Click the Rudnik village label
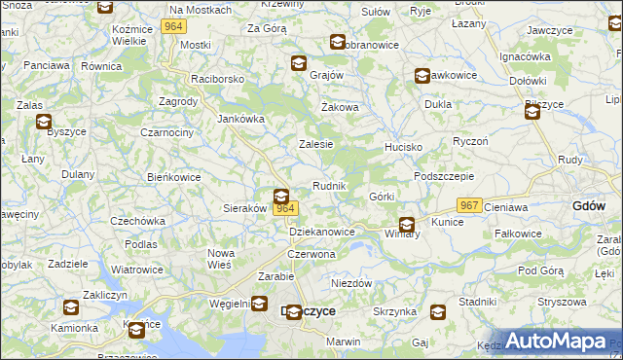pyautogui.click(x=329, y=186)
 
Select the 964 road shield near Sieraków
pyautogui.click(x=284, y=209)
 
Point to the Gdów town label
pyautogui.click(x=590, y=205)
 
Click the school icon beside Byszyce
pyautogui.click(x=44, y=122)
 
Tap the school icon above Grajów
pyautogui.click(x=298, y=63)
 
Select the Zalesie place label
pyautogui.click(x=315, y=144)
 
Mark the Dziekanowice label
pyautogui.click(x=322, y=233)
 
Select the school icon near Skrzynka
pyautogui.click(x=438, y=311)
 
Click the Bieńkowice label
pyautogui.click(x=173, y=178)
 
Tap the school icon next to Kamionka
pyautogui.click(x=71, y=307)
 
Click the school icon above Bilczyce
pyautogui.click(x=533, y=112)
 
